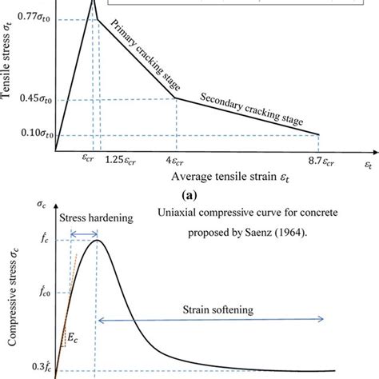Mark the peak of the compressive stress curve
coord(96,240)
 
